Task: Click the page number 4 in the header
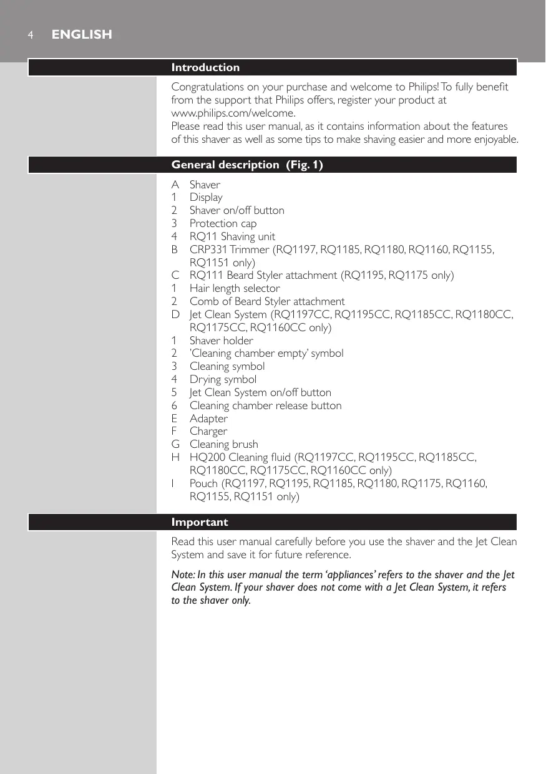(x=29, y=35)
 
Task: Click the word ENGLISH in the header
(x=82, y=35)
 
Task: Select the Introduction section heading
(x=205, y=67)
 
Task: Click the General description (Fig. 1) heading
(x=247, y=165)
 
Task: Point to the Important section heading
(x=200, y=522)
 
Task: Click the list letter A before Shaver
(x=175, y=185)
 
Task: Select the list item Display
(x=206, y=198)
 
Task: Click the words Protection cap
(x=223, y=223)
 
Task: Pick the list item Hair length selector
(x=235, y=288)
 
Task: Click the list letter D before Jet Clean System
(x=176, y=314)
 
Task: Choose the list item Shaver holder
(x=221, y=341)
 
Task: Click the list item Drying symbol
(x=223, y=379)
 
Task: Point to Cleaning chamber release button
(x=265, y=405)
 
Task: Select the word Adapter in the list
(x=208, y=418)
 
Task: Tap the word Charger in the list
(x=208, y=431)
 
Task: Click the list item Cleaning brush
(x=223, y=444)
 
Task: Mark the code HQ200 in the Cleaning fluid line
(x=207, y=457)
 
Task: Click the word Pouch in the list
(x=203, y=483)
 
